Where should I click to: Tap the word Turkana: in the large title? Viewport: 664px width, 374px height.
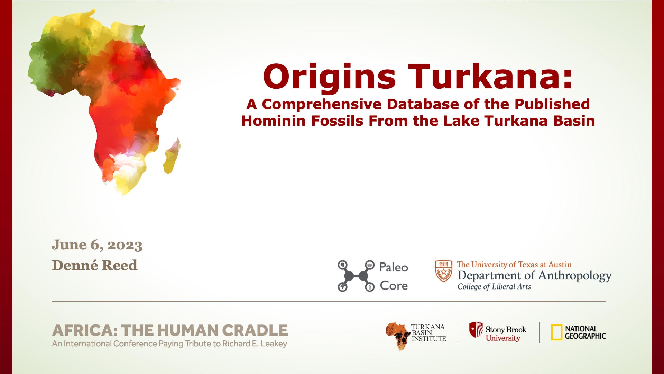[490, 76]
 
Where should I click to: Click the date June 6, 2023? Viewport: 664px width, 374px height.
[97, 245]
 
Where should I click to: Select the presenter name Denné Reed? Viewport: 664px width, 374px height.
[95, 266]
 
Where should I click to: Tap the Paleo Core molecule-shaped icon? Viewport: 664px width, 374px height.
[356, 276]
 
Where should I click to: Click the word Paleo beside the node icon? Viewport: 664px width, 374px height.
[394, 267]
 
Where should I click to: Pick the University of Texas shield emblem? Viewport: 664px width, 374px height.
[444, 271]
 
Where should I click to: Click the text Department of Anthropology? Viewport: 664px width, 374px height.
[535, 276]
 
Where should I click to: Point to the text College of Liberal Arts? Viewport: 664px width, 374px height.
[494, 287]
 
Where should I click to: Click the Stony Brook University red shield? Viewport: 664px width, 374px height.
[476, 329]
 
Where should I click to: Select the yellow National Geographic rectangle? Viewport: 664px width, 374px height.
[556, 332]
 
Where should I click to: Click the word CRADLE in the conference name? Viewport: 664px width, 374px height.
[255, 331]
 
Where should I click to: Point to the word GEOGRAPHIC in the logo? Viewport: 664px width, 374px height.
[585, 336]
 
